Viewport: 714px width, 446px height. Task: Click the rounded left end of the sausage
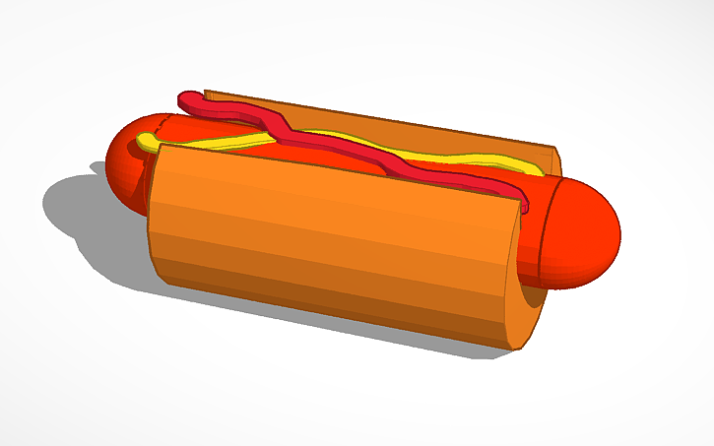(125, 162)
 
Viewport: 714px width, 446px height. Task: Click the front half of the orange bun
(325, 241)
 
